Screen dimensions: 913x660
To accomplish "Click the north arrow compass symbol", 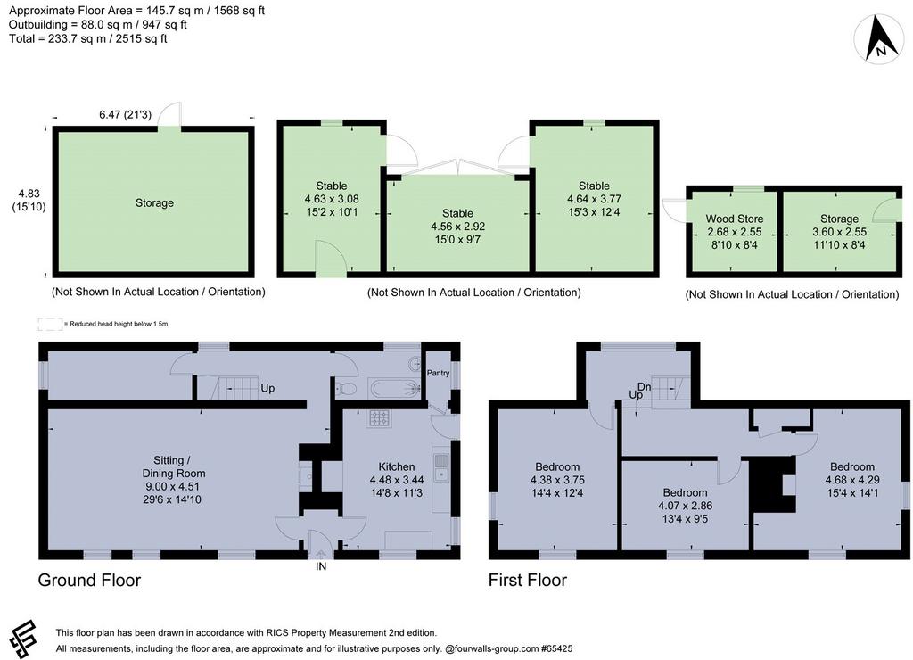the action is (879, 39).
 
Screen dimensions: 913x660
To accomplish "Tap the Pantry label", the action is (438, 373).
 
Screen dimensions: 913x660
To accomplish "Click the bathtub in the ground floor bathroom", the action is (395, 387).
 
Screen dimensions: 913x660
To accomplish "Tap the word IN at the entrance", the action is (321, 566).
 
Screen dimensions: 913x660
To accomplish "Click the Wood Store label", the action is (735, 219).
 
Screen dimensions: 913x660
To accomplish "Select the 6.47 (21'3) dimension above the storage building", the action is (125, 115).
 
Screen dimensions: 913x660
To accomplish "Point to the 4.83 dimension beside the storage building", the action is (29, 194).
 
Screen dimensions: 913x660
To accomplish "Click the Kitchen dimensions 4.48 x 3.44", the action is (397, 480).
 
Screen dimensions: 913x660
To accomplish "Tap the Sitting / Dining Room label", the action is (174, 466).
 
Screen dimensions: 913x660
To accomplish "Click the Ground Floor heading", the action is (89, 581).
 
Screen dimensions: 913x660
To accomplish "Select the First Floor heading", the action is (528, 581).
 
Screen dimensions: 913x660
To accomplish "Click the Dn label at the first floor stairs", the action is (644, 386).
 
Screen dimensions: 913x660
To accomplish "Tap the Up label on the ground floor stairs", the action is (267, 389).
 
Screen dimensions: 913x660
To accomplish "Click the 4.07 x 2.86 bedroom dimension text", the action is (686, 506).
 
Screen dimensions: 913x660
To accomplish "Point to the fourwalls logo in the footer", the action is (24, 639).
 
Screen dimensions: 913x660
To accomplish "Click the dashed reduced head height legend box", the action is (50, 324).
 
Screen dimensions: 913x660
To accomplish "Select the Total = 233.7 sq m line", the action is (88, 38).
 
